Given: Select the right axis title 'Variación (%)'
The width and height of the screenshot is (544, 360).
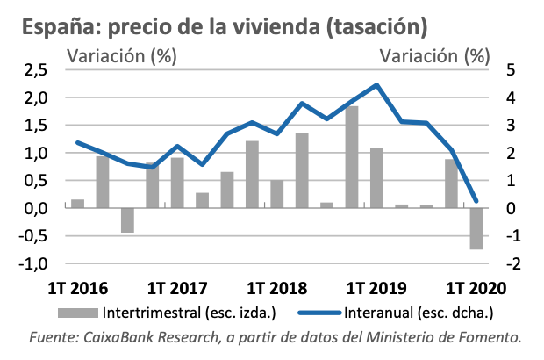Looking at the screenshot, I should pos(434,57).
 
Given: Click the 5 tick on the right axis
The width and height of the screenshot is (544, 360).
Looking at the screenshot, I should pos(512,70).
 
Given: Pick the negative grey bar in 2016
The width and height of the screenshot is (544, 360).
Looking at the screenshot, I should pos(127,220).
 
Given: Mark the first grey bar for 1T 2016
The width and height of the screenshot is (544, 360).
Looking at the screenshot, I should pos(77,204).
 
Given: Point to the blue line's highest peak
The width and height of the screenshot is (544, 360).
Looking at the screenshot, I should pos(376,85).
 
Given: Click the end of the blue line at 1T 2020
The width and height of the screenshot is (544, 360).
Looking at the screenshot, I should pos(476,201).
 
